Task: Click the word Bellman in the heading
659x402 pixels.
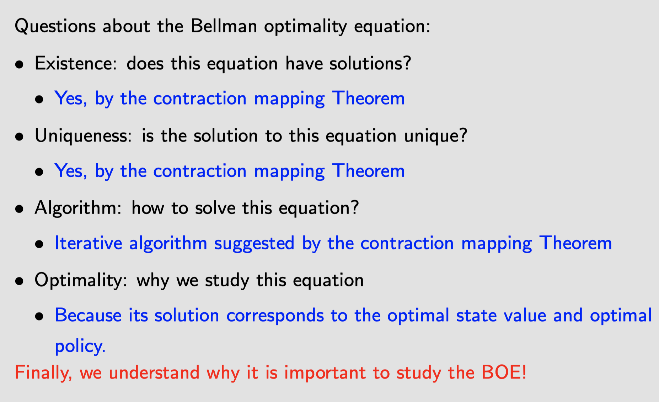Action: (224, 26)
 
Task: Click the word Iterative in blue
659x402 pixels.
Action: (89, 243)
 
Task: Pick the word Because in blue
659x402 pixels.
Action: (88, 316)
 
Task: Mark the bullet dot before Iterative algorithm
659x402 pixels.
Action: (39, 244)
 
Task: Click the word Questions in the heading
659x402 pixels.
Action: (55, 26)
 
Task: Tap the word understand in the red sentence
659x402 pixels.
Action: (154, 372)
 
